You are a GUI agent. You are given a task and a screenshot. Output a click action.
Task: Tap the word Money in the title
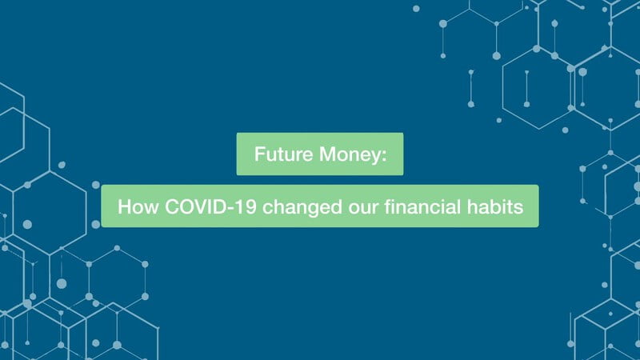(x=350, y=155)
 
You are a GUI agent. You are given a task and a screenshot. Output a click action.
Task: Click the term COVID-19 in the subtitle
(x=210, y=206)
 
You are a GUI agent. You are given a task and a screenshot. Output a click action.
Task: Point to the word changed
(x=302, y=208)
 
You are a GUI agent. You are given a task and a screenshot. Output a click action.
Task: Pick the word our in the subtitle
(x=363, y=209)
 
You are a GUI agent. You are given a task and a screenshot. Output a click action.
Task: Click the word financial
(x=422, y=206)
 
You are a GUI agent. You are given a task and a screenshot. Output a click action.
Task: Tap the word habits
(x=495, y=206)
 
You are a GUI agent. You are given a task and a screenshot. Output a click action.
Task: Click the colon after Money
(x=384, y=156)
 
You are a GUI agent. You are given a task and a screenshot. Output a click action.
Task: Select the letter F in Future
(x=259, y=154)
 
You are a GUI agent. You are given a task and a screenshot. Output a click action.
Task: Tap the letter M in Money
(x=327, y=154)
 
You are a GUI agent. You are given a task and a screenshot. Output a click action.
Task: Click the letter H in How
(x=124, y=206)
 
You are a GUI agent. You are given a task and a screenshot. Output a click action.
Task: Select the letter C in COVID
(x=172, y=206)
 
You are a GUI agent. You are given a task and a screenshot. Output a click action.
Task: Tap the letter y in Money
(x=376, y=158)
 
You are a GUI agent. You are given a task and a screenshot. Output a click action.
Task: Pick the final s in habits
(x=518, y=209)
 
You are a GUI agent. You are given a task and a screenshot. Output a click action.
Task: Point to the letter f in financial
(x=388, y=206)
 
